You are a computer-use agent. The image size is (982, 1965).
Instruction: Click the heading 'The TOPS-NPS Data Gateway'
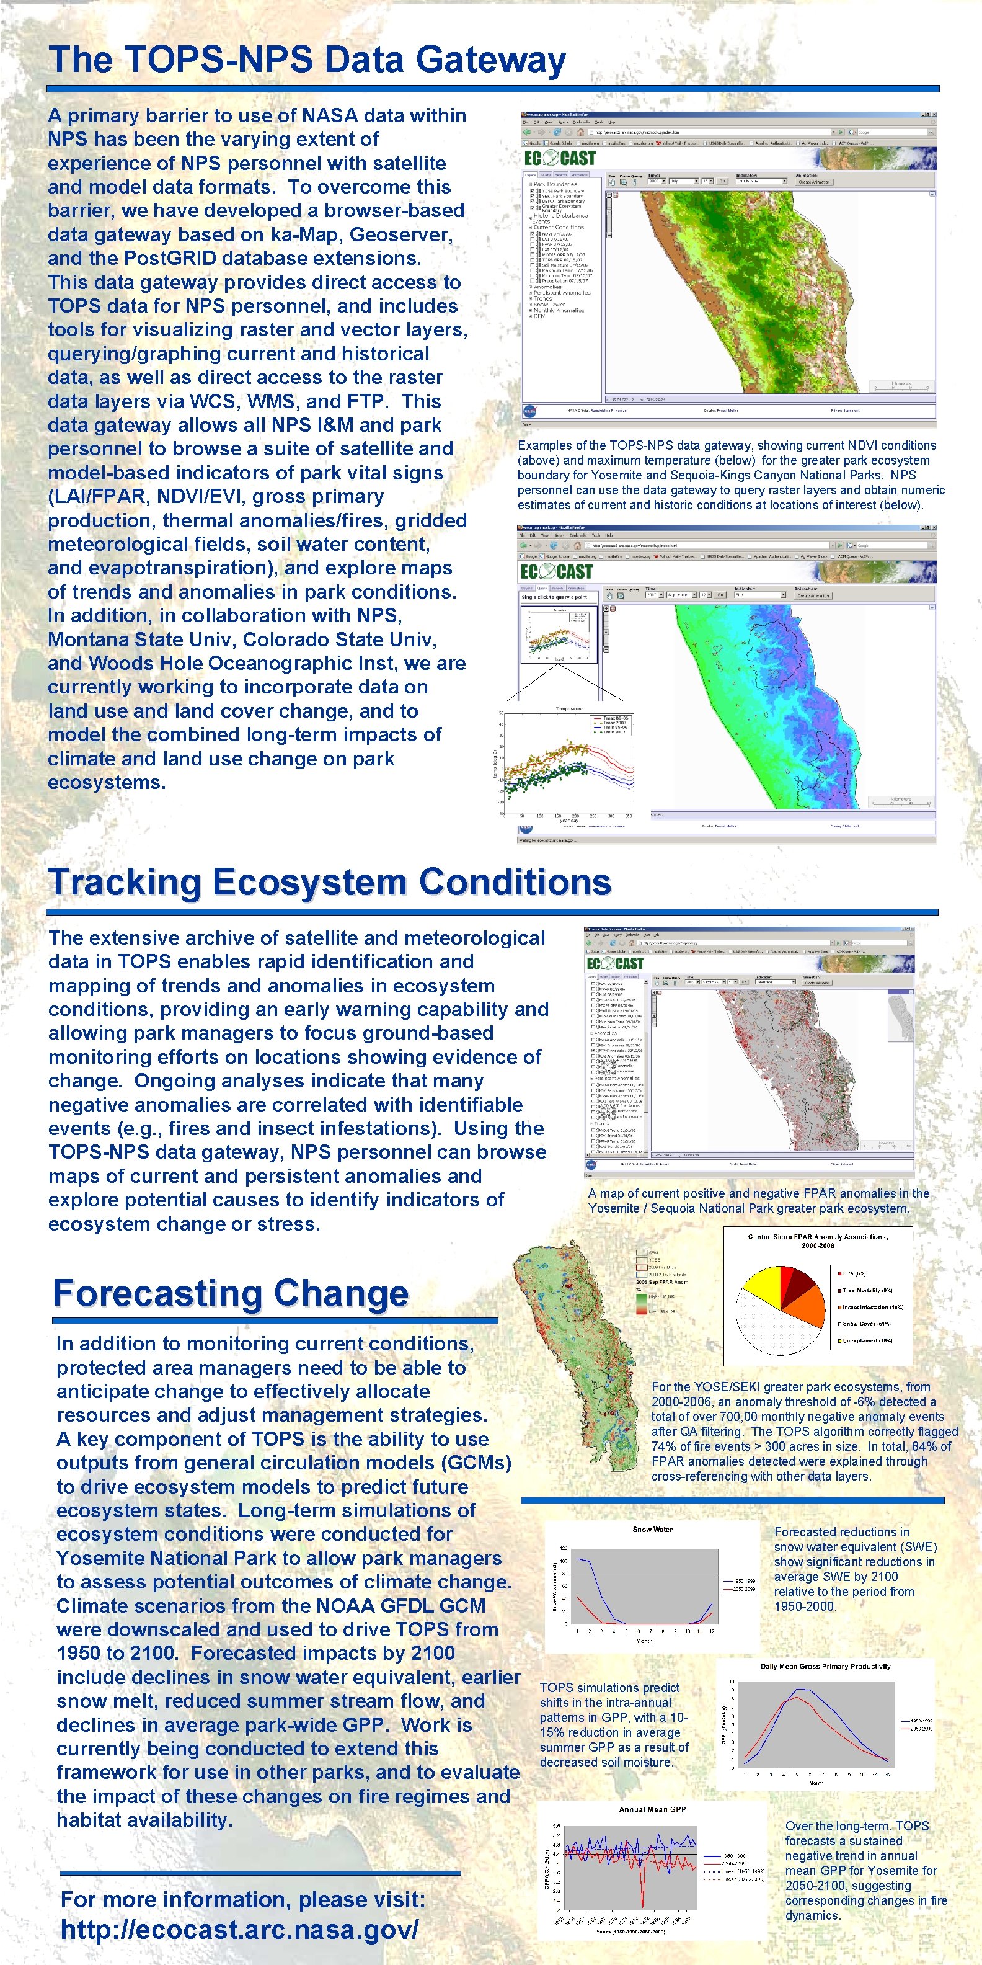306,60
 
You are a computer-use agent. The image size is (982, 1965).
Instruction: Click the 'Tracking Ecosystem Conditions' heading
329,882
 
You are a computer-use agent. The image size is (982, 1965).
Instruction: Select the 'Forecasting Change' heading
230,1293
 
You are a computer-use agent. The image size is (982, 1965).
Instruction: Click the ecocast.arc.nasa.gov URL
239,1930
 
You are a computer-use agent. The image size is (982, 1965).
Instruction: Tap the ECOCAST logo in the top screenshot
560,158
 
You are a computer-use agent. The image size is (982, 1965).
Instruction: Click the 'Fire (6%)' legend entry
854,1273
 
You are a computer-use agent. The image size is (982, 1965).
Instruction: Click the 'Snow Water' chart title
652,1530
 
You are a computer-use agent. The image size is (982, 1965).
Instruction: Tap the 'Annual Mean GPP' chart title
652,1809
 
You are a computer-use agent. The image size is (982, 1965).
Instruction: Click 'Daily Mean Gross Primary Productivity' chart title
825,1666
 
